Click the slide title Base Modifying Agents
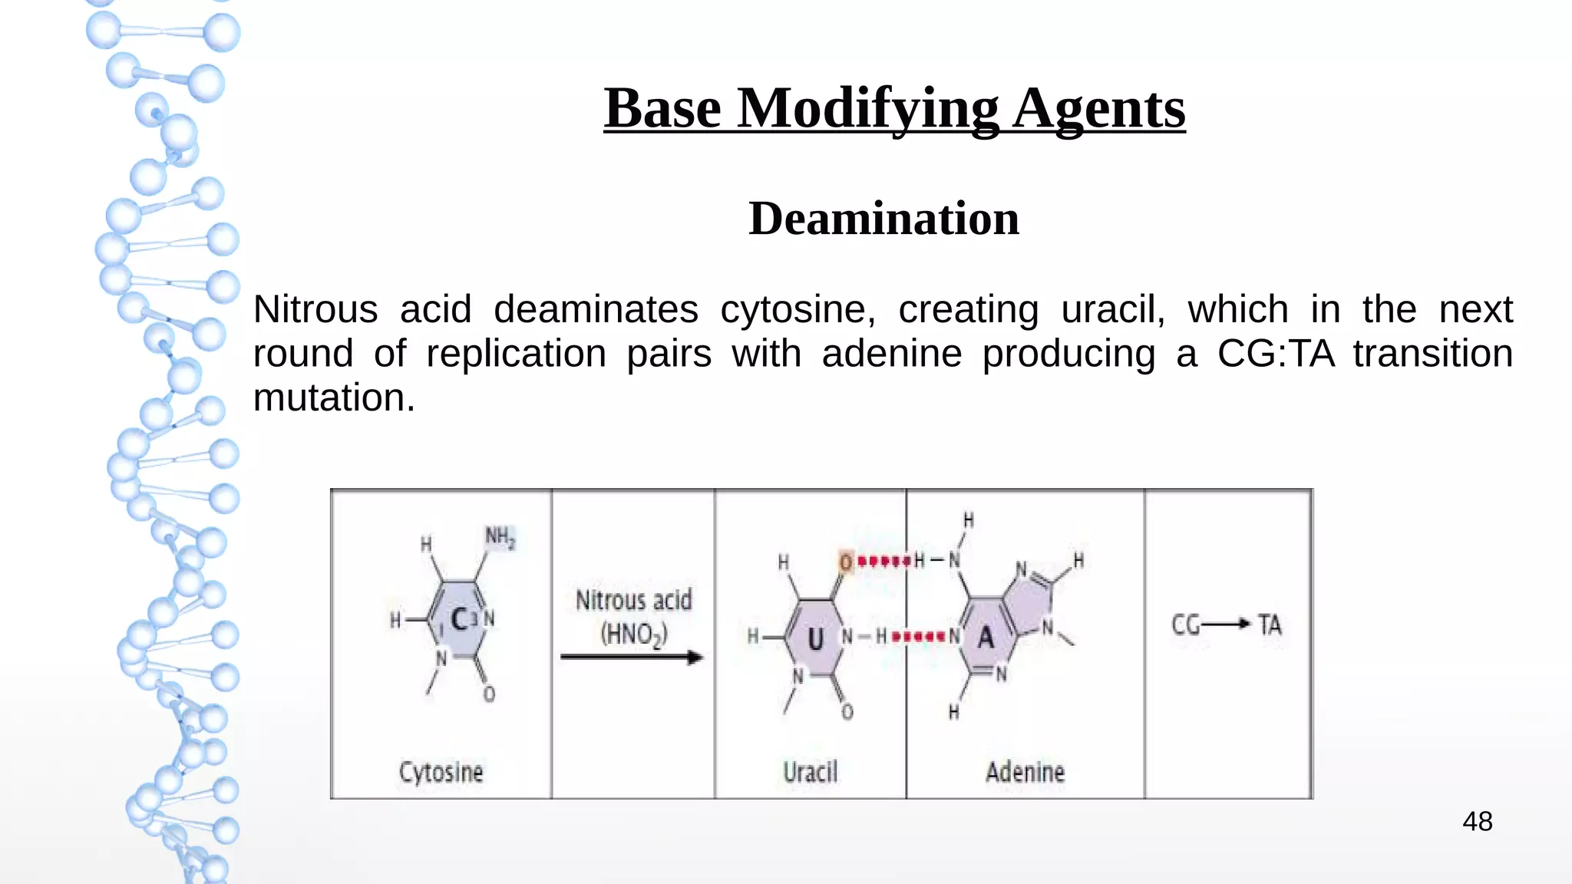(894, 109)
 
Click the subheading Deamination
(883, 219)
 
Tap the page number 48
(1477, 822)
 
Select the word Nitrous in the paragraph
(315, 310)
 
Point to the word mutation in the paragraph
(334, 398)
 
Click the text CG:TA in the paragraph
(1276, 355)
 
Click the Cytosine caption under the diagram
(441, 772)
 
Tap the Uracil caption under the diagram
(810, 772)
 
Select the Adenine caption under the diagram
(1025, 772)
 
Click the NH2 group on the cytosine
(500, 537)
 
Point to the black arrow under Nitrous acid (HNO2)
(631, 657)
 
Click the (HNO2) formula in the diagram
(634, 635)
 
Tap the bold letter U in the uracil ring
(815, 638)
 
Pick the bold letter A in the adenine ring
(986, 637)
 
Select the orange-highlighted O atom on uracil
(846, 562)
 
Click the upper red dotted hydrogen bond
(883, 562)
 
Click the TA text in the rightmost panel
(1270, 625)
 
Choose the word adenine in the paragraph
(891, 355)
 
